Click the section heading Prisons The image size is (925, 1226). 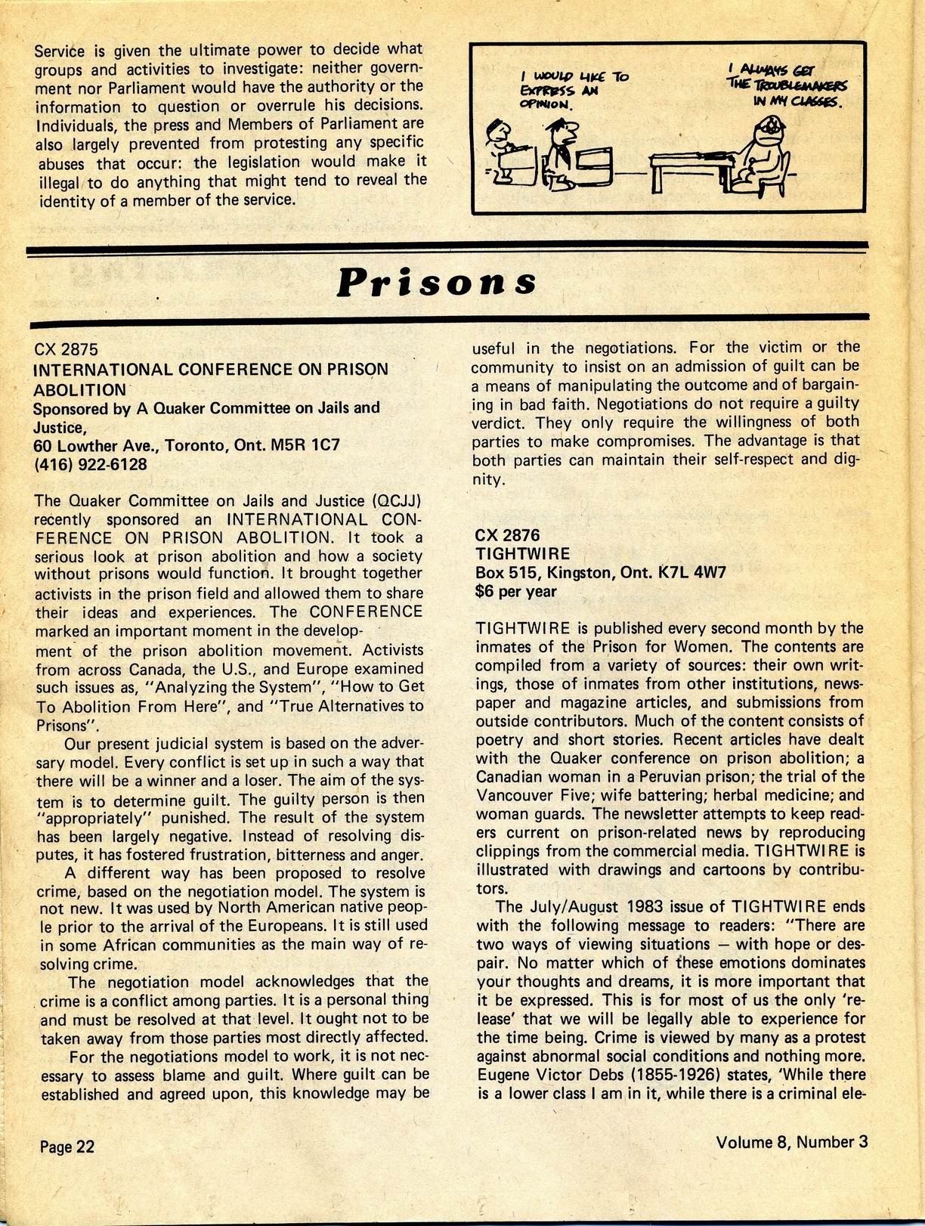tap(436, 282)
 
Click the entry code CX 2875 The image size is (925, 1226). tap(67, 349)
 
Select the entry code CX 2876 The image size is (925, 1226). tap(507, 535)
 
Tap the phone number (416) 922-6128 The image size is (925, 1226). tap(91, 463)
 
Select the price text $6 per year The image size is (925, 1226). tap(515, 591)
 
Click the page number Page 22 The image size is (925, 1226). tap(67, 1146)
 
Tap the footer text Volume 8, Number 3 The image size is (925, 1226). tap(792, 1141)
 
